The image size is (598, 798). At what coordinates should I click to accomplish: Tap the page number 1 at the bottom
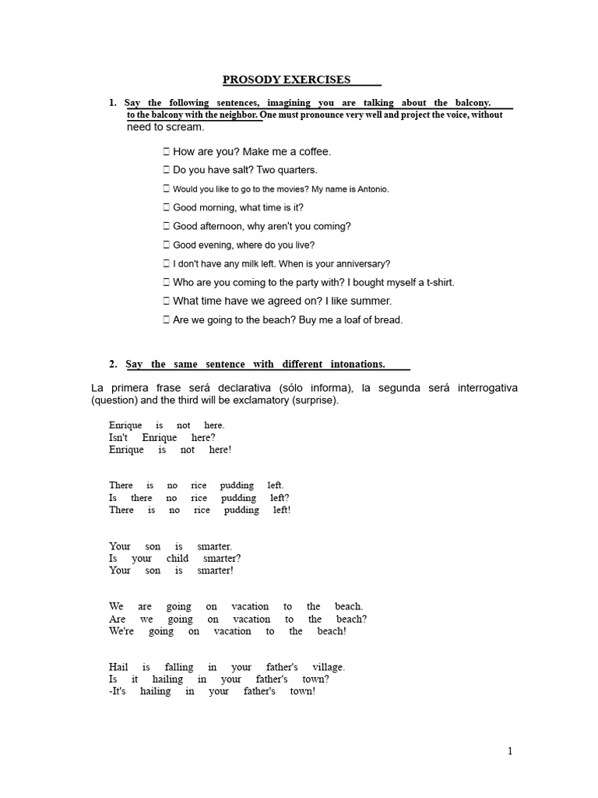tap(510, 751)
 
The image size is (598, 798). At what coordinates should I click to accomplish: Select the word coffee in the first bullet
tap(314, 152)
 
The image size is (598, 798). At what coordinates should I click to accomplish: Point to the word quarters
tap(298, 170)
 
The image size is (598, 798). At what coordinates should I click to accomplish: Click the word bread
tap(389, 320)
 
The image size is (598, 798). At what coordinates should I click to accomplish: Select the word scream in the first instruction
tap(185, 127)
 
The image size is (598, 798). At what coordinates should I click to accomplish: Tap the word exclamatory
tap(250, 401)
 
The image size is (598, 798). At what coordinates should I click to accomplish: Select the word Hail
tap(119, 667)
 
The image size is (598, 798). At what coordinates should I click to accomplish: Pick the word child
tap(177, 559)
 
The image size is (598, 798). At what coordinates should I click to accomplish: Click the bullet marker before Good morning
tap(167, 208)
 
